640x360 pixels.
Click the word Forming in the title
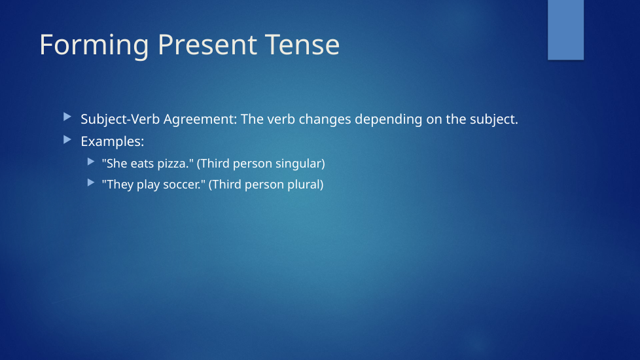[x=94, y=46]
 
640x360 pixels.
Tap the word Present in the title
[x=207, y=45]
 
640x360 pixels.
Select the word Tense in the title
[x=302, y=45]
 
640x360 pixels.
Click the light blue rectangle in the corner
[x=565, y=30]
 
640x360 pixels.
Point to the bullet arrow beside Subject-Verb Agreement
[x=67, y=118]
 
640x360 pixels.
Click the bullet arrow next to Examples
[x=67, y=140]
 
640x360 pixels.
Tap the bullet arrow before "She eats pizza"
[x=91, y=162]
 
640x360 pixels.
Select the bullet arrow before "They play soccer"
[x=91, y=183]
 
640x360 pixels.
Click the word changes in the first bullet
[x=325, y=120]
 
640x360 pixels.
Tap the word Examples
[x=113, y=141]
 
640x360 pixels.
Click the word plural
[x=306, y=185]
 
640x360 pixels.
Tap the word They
[x=118, y=185]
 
